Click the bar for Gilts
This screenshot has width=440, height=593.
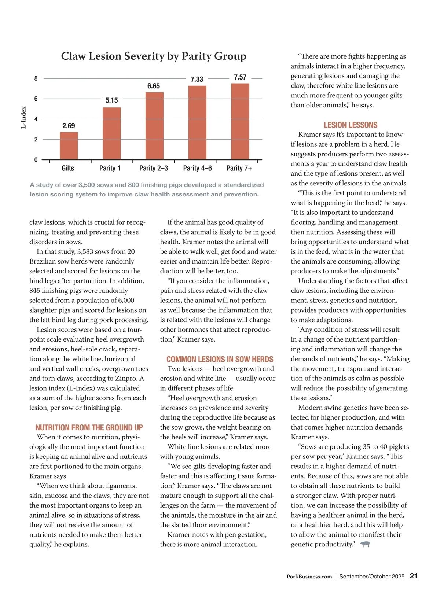(69, 146)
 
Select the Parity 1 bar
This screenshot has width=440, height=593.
(111, 133)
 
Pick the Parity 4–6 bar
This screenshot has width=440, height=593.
(197, 122)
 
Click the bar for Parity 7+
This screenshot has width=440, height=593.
(240, 121)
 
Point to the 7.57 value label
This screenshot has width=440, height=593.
(240, 77)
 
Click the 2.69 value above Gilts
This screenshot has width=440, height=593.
(69, 126)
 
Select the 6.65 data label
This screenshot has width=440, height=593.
(154, 86)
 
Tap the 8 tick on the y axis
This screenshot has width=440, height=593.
(36, 78)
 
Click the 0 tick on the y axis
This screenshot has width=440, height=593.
(36, 160)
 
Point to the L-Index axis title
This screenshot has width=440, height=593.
(24, 118)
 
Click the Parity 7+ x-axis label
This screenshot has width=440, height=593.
(239, 168)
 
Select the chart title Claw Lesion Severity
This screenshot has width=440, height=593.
(154, 56)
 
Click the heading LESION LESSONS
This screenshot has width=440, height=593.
(350, 125)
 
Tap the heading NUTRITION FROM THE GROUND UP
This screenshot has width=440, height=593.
(89, 427)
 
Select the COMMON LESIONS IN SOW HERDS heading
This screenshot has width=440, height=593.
(220, 359)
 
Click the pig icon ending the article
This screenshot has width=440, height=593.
(364, 544)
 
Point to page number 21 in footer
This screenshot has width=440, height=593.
(414, 576)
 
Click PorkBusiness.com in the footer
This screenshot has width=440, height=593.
(309, 577)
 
